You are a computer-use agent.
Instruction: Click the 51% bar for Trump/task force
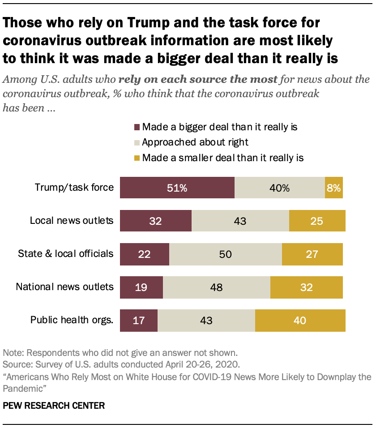coord(177,188)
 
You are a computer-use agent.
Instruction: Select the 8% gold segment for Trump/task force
coord(333,188)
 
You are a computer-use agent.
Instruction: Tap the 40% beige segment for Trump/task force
coord(280,188)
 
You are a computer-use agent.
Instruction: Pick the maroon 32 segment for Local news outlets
coord(156,220)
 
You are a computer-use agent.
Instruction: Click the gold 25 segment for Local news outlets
coord(317,220)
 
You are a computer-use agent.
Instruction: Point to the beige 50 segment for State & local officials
coord(226,254)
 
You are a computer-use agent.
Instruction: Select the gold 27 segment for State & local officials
coord(312,254)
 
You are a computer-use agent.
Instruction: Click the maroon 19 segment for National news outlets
coord(141,287)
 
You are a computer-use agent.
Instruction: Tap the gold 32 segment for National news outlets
coord(306,287)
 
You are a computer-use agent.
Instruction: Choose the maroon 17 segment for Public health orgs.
coord(139,320)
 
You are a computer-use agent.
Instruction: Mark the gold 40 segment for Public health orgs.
coord(300,320)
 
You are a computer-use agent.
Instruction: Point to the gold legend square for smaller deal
coord(137,158)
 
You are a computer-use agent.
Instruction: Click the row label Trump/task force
coord(74,188)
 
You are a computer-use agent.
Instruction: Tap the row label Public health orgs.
coord(72,320)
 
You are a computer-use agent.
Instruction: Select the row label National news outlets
coord(64,287)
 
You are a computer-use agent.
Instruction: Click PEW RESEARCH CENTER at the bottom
coord(54,406)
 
